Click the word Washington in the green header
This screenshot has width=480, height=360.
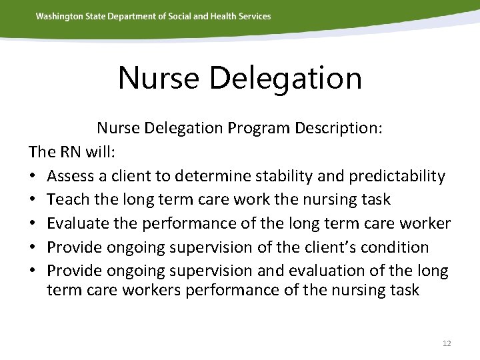[x=58, y=16]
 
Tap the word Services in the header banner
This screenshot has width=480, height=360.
[x=254, y=16]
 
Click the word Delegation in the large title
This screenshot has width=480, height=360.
[x=285, y=78]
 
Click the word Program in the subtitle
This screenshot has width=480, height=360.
[x=257, y=128]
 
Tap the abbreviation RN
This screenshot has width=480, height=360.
[x=70, y=152]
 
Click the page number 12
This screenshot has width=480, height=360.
[x=447, y=343]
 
